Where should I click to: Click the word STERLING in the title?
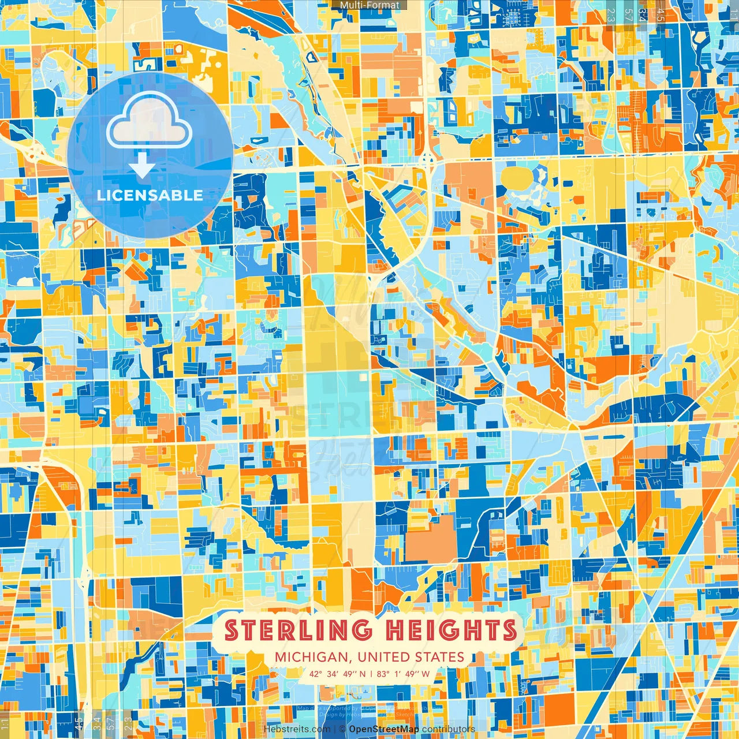[298, 630]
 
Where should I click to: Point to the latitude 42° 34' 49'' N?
[337, 674]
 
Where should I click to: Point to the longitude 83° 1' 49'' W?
[403, 674]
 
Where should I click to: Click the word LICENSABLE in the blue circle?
[150, 195]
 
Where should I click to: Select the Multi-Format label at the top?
[369, 5]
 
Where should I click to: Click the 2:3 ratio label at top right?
[611, 14]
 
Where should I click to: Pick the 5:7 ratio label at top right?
[628, 14]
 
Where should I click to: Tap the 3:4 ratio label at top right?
[642, 14]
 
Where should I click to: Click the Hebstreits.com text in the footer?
[297, 729]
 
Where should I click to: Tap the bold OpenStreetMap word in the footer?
[384, 729]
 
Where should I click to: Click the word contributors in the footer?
[449, 729]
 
